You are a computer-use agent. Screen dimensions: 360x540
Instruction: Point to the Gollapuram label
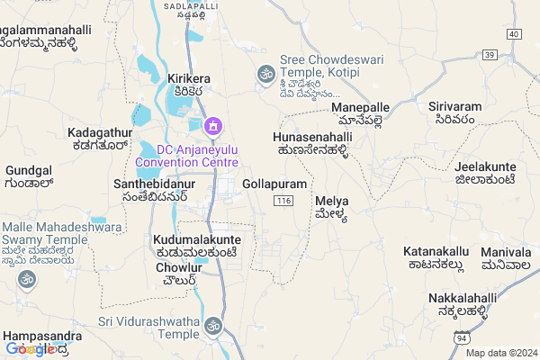pyautogui.click(x=274, y=184)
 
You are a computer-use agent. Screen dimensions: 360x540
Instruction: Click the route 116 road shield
pyautogui.click(x=284, y=199)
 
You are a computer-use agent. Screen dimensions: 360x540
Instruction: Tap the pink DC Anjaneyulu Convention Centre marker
pyautogui.click(x=212, y=125)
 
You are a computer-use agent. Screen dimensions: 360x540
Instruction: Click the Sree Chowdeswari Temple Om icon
pyautogui.click(x=265, y=72)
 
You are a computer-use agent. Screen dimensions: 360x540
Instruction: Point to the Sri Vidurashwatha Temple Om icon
pyautogui.click(x=213, y=324)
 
